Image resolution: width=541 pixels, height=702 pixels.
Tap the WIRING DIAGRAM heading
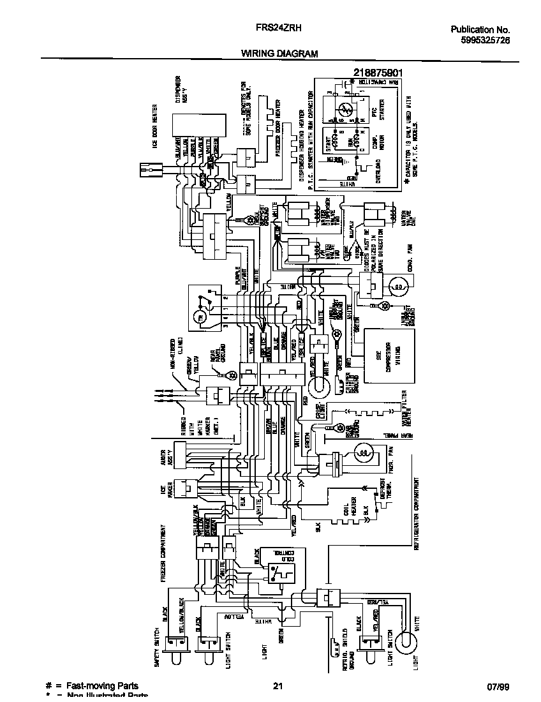point(279,54)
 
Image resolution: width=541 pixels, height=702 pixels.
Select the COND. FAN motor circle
point(397,287)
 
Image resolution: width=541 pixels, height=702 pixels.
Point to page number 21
point(278,687)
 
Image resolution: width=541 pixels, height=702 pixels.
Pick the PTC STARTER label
point(382,115)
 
